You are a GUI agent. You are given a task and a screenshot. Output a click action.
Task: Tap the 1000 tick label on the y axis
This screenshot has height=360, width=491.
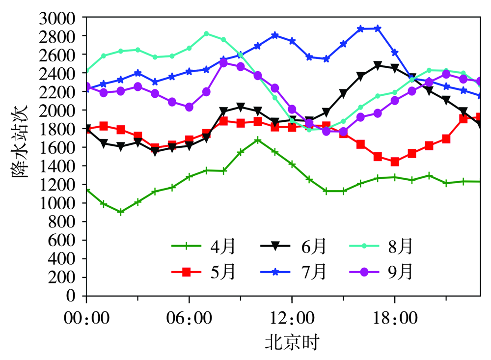57,203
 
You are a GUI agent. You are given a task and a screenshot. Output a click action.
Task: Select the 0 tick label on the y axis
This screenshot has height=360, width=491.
71,296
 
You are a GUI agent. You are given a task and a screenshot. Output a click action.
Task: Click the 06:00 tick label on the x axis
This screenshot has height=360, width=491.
189,318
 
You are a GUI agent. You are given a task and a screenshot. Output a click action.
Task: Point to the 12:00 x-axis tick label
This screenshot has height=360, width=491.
292,318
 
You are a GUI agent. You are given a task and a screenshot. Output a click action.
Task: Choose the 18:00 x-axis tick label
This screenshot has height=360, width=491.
395,318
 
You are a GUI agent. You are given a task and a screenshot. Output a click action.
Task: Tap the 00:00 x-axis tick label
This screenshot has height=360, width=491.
86,318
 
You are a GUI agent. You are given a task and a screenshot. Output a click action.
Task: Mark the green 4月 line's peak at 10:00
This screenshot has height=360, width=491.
258,140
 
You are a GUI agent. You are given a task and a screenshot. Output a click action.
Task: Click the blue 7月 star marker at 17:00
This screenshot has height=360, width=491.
378,28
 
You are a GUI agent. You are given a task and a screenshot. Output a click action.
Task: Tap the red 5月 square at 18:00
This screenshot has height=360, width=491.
395,162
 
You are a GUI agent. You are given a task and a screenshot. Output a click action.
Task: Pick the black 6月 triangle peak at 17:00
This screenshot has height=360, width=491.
378,65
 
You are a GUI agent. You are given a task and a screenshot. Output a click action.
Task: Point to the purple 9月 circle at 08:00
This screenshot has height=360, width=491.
223,63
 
